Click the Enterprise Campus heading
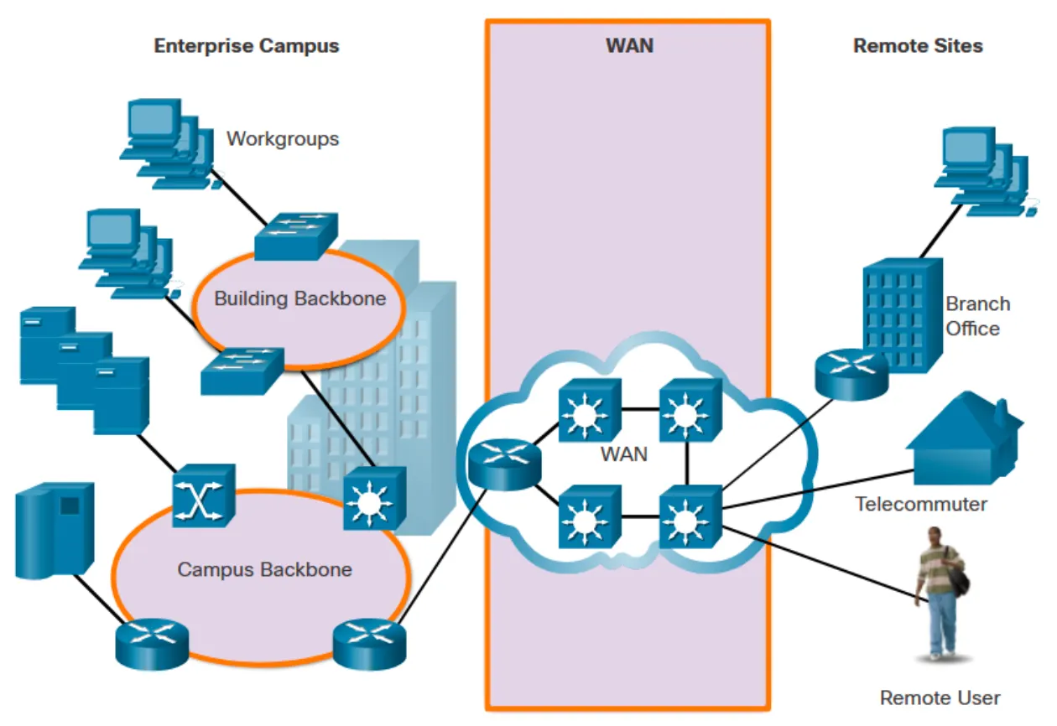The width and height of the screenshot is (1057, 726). [x=247, y=46]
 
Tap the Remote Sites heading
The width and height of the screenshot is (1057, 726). [x=918, y=46]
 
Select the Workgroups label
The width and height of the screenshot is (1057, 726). [x=283, y=138]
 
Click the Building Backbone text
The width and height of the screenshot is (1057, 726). [x=299, y=298]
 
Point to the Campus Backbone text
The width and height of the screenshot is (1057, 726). [x=264, y=570]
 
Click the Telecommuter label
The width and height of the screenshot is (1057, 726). [x=921, y=505]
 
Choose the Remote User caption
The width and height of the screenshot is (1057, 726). [x=940, y=697]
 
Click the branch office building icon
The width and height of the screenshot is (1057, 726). [x=902, y=314]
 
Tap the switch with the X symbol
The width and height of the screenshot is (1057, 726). [x=203, y=496]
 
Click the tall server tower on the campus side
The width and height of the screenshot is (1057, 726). [x=55, y=530]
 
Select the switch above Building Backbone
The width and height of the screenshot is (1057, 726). [x=296, y=235]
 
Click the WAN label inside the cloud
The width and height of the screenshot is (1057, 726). [x=624, y=454]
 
